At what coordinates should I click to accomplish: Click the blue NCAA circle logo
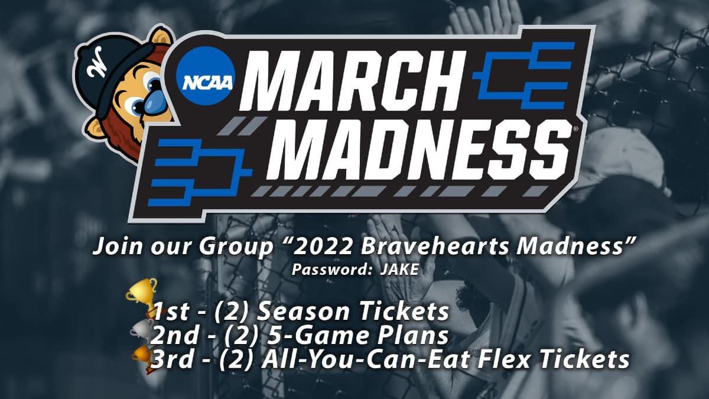pyautogui.click(x=206, y=76)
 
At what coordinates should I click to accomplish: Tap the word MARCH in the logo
pyautogui.click(x=352, y=82)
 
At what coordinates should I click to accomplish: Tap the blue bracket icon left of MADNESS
pyautogui.click(x=200, y=172)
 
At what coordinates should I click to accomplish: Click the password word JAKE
pyautogui.click(x=399, y=270)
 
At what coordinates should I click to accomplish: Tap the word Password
pyautogui.click(x=331, y=270)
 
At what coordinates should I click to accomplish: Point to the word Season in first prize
pyautogui.click(x=303, y=312)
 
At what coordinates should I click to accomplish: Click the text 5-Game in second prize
pyautogui.click(x=318, y=336)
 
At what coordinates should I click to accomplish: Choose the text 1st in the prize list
pyautogui.click(x=171, y=312)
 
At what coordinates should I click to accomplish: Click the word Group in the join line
pyautogui.click(x=236, y=246)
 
